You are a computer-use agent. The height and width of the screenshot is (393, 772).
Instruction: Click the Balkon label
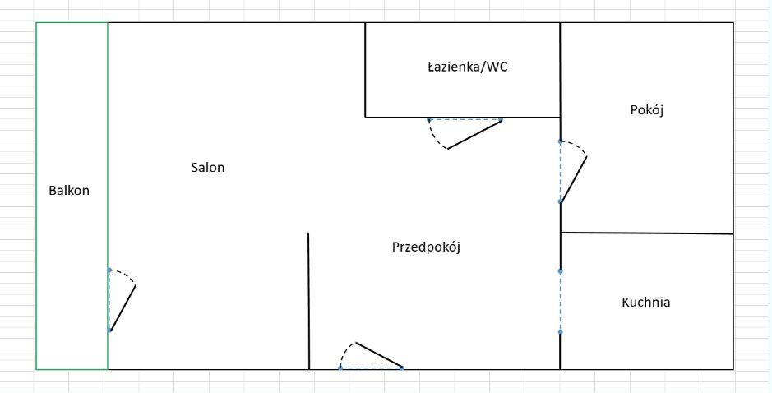tap(69, 191)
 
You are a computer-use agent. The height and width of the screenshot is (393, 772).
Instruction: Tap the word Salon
tap(207, 168)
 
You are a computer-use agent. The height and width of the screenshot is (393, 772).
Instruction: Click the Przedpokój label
tap(426, 247)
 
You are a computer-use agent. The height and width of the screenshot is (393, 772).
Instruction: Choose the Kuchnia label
tap(645, 303)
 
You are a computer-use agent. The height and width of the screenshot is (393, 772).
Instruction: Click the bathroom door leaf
tap(474, 135)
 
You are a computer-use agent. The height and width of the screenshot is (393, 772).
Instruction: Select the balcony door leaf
tap(123, 308)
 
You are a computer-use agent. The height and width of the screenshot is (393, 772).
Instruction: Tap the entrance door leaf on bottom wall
tap(379, 355)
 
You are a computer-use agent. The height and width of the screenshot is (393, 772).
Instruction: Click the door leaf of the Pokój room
tap(574, 178)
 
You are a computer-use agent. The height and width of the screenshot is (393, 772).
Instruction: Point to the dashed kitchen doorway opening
tap(560, 301)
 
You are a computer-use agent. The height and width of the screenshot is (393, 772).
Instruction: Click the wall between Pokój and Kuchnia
tap(646, 233)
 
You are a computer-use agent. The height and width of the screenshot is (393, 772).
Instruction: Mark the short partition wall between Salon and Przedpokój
tap(308, 300)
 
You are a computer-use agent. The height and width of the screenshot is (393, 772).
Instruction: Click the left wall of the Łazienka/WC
tap(365, 70)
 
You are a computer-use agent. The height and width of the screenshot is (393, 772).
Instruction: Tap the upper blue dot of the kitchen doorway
tap(560, 270)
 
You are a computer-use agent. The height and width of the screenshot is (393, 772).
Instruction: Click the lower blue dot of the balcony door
tap(109, 330)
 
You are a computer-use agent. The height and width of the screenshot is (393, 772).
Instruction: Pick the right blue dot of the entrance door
tap(402, 368)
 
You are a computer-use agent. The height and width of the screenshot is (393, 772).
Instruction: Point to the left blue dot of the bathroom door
tap(428, 120)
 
